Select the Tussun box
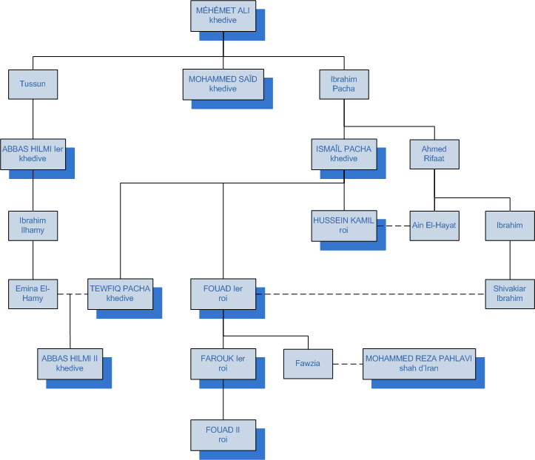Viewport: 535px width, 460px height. coord(33,84)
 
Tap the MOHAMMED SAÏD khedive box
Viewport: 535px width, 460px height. coord(223,84)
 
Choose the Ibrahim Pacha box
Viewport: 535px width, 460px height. coord(344,84)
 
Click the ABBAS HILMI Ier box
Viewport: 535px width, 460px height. coord(33,154)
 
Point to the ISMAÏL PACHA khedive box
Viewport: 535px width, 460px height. coord(344,154)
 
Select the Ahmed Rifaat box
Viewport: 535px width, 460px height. coord(434,154)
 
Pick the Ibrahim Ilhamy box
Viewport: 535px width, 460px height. coord(33,225)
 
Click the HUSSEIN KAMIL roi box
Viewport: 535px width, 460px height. coord(344,226)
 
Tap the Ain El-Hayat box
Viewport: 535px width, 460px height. coord(434,226)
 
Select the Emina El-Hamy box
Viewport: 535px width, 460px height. coord(33,294)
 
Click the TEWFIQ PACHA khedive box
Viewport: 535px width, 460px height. coord(120,294)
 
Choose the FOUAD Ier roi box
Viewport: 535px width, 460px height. coord(223,294)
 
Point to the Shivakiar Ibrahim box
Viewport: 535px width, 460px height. coord(509,294)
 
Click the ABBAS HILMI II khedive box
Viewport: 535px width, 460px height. coord(70,363)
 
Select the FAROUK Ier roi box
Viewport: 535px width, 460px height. coord(223,363)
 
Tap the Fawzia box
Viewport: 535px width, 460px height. coord(308,363)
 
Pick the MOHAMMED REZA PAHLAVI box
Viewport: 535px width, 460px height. coord(419,363)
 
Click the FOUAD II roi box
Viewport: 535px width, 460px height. coord(223,434)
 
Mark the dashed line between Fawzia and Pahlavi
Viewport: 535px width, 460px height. coord(347,363)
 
